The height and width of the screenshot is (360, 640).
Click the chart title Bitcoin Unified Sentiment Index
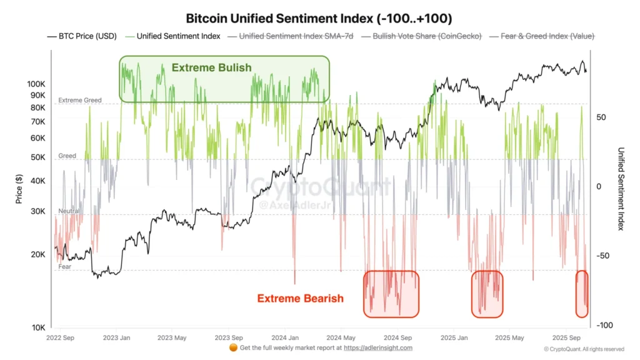pos(319,18)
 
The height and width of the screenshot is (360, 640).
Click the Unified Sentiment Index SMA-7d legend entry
pos(291,36)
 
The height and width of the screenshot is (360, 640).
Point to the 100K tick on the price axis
pos(36,84)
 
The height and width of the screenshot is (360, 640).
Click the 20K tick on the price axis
pos(37,254)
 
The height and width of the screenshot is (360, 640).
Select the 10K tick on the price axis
pos(37,327)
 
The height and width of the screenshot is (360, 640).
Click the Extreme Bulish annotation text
pos(212,67)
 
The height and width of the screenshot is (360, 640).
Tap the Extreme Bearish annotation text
pos(301,298)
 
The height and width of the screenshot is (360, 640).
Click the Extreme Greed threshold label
pos(79,100)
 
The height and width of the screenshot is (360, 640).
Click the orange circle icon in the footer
pos(232,347)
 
